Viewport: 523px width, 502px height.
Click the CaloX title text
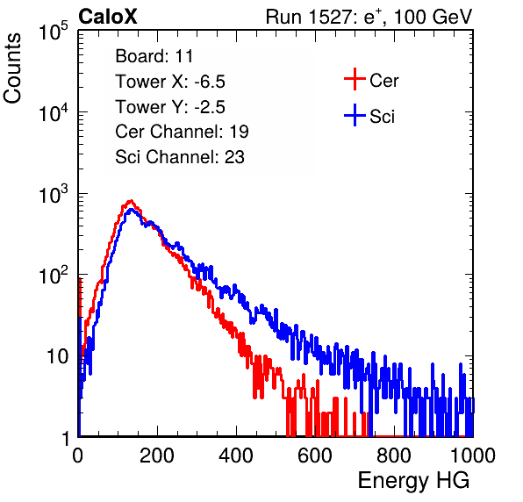pyautogui.click(x=108, y=17)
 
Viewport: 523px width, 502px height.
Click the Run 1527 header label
pyautogui.click(x=369, y=17)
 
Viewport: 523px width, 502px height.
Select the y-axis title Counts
pyautogui.click(x=12, y=68)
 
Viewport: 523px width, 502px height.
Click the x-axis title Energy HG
pyautogui.click(x=413, y=481)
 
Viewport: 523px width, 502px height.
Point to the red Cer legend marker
pyautogui.click(x=355, y=79)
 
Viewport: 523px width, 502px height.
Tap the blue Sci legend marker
pyautogui.click(x=355, y=115)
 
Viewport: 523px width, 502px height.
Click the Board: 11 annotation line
pyautogui.click(x=154, y=56)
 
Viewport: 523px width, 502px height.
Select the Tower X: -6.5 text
pyautogui.click(x=170, y=82)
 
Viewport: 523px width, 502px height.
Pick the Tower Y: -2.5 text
pyautogui.click(x=170, y=107)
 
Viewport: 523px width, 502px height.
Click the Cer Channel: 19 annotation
pyautogui.click(x=183, y=132)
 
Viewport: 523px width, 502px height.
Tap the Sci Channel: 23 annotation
pyautogui.click(x=180, y=157)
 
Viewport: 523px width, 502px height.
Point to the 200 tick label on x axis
pyautogui.click(x=157, y=455)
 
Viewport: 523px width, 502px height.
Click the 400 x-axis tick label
pyautogui.click(x=236, y=455)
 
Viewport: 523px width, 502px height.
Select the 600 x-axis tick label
pyautogui.click(x=315, y=455)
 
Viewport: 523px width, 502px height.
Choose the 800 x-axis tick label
pyautogui.click(x=394, y=455)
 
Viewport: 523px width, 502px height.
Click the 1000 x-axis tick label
pyautogui.click(x=473, y=455)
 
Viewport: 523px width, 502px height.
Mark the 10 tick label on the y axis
pyautogui.click(x=58, y=356)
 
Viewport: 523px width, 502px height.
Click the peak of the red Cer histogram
pyautogui.click(x=131, y=201)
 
